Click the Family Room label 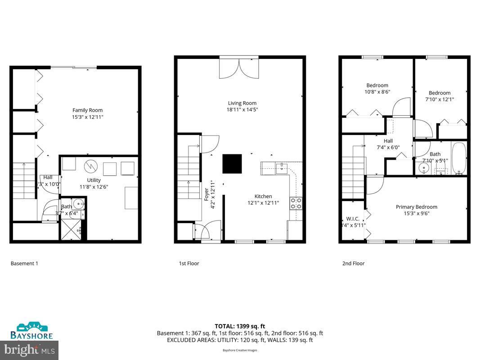(x=87, y=110)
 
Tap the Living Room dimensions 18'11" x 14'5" (x=242, y=109)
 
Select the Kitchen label (x=263, y=196)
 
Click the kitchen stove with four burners (x=296, y=203)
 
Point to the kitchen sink (x=281, y=168)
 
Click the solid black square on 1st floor (x=232, y=164)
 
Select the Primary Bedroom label (x=416, y=207)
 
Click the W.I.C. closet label (x=352, y=219)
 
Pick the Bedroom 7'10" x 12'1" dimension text (x=439, y=99)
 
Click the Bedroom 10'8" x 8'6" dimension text (x=377, y=92)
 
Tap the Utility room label (x=94, y=180)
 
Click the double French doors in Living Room (x=239, y=68)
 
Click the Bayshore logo (x=31, y=331)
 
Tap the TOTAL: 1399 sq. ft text (x=240, y=326)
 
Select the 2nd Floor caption (x=353, y=263)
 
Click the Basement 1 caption (x=24, y=263)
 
